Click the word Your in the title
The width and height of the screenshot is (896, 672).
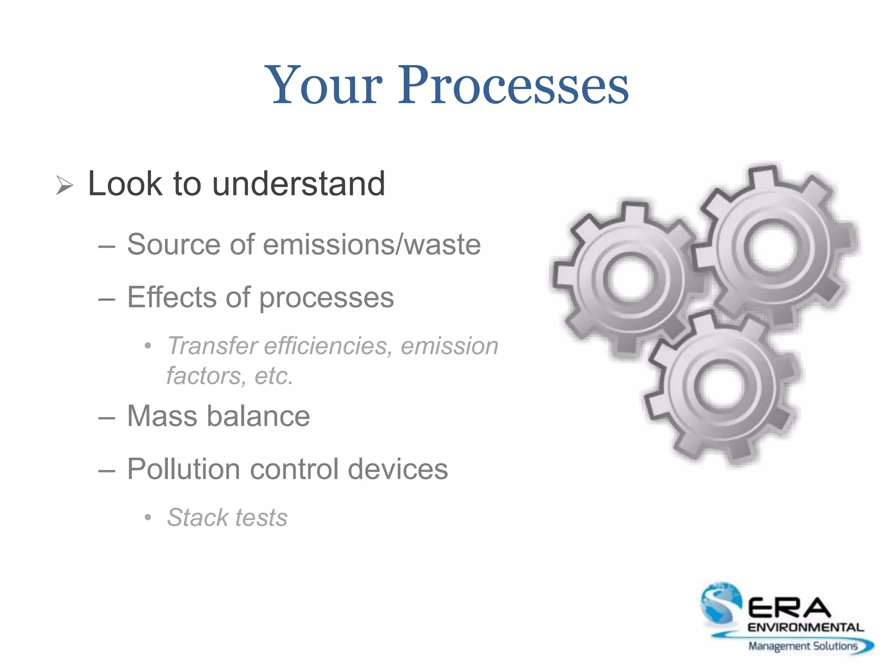(326, 85)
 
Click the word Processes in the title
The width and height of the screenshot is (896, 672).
(513, 85)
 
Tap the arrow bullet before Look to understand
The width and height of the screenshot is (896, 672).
(65, 186)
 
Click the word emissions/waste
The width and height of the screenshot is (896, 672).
(371, 245)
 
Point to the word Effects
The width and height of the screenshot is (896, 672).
(171, 297)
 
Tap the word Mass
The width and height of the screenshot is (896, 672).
(161, 416)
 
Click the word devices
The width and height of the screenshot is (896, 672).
(398, 469)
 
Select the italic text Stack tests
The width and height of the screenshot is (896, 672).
(227, 518)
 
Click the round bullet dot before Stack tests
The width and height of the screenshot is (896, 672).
(148, 518)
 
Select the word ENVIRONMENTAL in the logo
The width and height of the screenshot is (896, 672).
(805, 627)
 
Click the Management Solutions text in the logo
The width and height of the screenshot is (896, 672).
(803, 646)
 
